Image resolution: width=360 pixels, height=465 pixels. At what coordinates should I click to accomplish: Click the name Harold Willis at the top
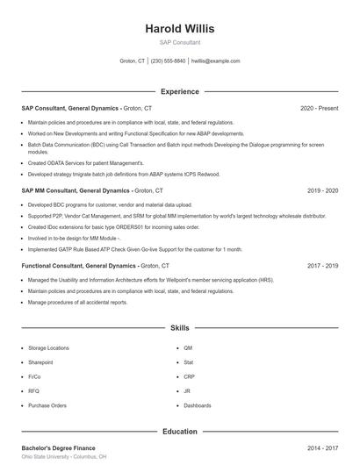click(179, 28)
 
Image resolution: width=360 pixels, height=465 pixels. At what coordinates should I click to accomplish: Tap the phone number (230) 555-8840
click(168, 61)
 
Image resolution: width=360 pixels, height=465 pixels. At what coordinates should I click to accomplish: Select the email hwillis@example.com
click(215, 61)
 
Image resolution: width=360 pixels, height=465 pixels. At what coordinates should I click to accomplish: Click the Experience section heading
click(179, 91)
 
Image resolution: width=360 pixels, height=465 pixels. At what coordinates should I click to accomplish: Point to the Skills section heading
click(179, 327)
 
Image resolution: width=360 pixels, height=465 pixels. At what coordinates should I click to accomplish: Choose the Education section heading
click(179, 431)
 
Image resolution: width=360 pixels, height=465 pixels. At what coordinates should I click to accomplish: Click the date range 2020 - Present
click(319, 108)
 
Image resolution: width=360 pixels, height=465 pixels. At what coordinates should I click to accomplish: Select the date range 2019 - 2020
click(322, 190)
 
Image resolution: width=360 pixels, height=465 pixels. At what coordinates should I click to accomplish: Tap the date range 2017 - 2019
click(322, 265)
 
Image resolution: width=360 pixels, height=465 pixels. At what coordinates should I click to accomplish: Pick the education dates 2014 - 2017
click(322, 447)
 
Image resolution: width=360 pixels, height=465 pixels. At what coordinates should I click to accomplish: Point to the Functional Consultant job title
click(61, 265)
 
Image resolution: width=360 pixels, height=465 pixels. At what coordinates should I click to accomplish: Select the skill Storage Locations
click(48, 347)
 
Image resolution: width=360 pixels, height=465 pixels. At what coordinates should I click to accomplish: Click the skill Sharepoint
click(40, 362)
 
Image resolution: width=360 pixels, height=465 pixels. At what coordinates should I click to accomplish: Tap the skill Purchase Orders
click(47, 405)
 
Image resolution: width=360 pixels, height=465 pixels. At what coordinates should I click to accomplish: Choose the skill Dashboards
click(198, 405)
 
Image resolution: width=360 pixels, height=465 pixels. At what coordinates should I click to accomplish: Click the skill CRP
click(189, 376)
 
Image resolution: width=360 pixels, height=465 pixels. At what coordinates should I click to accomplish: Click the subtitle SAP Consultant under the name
click(179, 42)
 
